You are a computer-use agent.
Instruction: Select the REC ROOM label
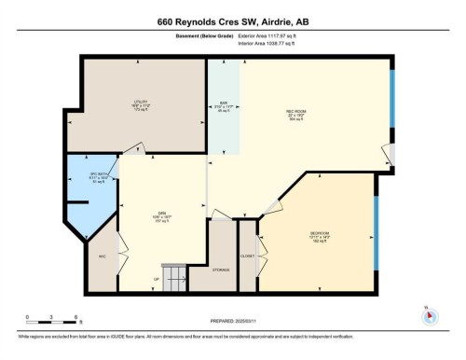click(296, 111)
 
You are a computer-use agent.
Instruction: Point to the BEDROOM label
click(319, 232)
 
